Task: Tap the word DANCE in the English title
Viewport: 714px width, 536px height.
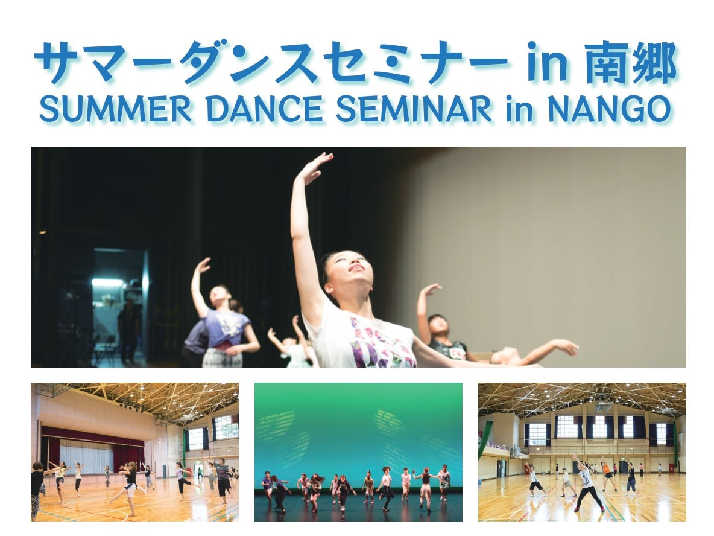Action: point(265,109)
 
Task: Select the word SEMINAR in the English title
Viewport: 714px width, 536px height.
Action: point(414,109)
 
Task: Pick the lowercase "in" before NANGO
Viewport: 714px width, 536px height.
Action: point(519,110)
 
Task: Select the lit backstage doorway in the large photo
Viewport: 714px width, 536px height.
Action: point(121,305)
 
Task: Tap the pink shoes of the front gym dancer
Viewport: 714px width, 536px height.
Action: point(589,508)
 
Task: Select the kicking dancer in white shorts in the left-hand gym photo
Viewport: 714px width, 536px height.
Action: point(127,488)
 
